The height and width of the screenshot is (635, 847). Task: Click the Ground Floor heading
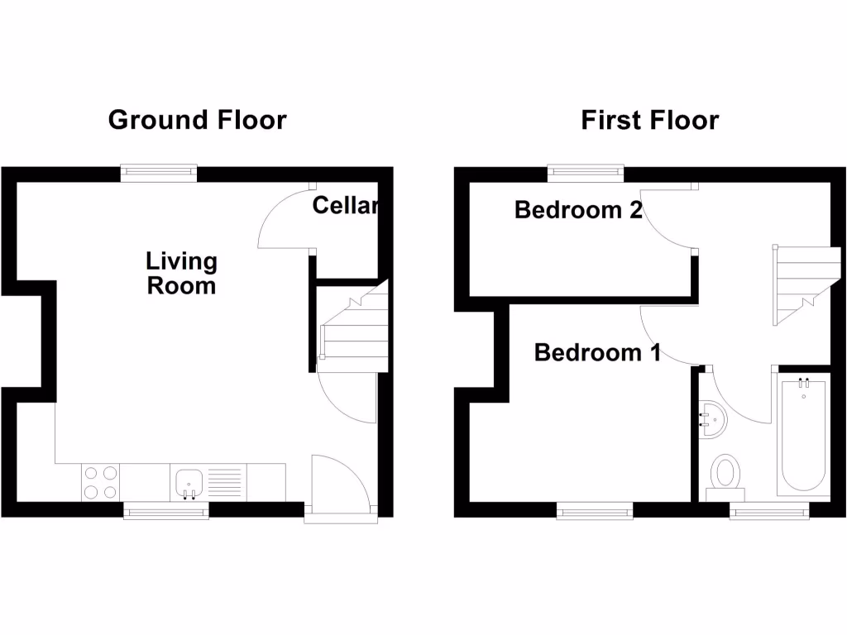tap(197, 120)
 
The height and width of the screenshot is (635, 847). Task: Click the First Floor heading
tap(649, 120)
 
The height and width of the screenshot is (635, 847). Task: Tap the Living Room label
tap(181, 274)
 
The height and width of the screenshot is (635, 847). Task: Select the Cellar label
tap(345, 205)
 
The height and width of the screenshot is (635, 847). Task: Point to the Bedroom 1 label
tap(597, 353)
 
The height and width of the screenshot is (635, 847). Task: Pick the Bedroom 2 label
tap(578, 210)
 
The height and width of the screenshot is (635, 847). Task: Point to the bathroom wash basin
tap(711, 418)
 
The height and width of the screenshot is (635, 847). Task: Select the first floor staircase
tap(798, 285)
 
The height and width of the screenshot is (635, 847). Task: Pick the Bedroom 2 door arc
tap(666, 219)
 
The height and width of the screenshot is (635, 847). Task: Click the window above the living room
tap(159, 172)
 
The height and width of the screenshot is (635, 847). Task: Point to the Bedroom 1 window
tap(596, 511)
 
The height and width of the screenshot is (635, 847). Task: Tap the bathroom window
tap(769, 511)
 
